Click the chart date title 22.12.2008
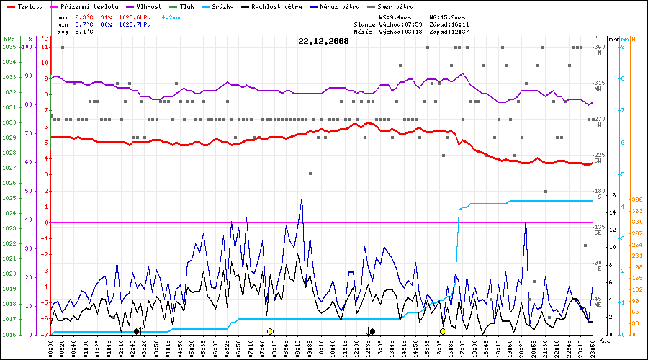tap(323, 41)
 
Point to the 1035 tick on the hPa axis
tap(9, 47)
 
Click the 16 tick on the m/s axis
tap(612, 195)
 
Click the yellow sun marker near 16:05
tap(443, 331)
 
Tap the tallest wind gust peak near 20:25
tap(526, 216)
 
